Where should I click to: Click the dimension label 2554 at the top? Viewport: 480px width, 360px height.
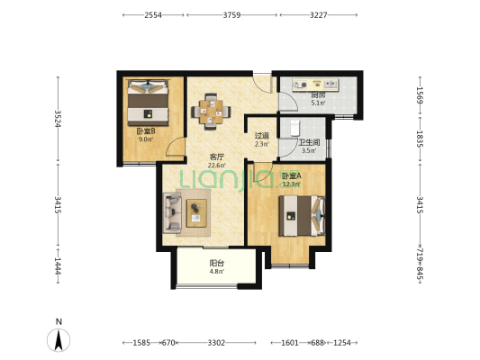[x=153, y=15]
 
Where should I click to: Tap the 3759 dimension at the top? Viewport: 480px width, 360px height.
[x=231, y=15]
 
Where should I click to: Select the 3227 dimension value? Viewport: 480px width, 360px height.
[x=319, y=15]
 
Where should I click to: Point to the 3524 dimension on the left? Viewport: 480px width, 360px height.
[x=58, y=119]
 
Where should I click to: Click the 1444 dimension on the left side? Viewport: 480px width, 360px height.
[x=58, y=265]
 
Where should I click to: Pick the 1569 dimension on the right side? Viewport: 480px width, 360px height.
[x=420, y=95]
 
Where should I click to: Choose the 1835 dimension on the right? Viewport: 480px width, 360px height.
[x=420, y=139]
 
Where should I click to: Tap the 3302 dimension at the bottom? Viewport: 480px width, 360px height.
[x=216, y=343]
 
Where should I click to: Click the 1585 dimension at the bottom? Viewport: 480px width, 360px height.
[x=141, y=343]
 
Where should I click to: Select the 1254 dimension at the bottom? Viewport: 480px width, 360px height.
[x=342, y=343]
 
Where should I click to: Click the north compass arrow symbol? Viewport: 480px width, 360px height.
[x=59, y=340]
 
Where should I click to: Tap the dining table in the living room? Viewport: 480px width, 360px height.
[x=211, y=112]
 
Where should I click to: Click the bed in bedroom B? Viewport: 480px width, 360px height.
[x=149, y=103]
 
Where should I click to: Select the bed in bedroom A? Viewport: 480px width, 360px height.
[x=302, y=215]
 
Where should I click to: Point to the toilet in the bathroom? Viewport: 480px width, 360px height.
[x=294, y=128]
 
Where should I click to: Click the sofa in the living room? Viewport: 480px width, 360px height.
[x=172, y=212]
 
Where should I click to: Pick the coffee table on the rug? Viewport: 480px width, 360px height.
[x=196, y=213]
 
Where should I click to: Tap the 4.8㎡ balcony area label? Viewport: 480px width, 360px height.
[x=216, y=271]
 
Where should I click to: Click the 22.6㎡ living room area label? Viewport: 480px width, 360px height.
[x=216, y=166]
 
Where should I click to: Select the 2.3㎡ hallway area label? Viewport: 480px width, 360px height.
[x=262, y=144]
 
